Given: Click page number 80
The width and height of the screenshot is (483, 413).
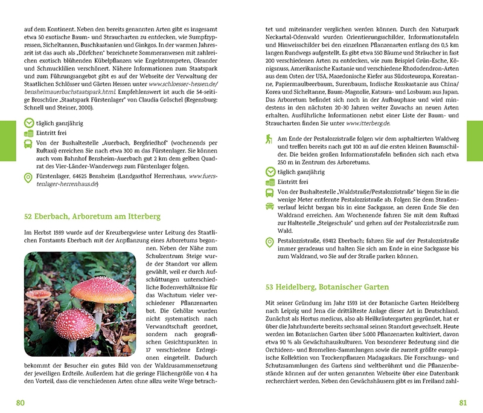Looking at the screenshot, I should [21, 403].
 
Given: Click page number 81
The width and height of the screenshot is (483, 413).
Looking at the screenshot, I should [463, 403].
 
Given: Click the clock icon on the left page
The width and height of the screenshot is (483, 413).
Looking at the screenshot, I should [28, 123].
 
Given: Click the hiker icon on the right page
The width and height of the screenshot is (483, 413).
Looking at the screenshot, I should [270, 139].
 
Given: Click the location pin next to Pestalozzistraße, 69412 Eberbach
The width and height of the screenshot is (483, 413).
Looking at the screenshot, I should [270, 242].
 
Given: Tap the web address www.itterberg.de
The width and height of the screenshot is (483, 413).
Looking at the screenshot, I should [369, 123].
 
